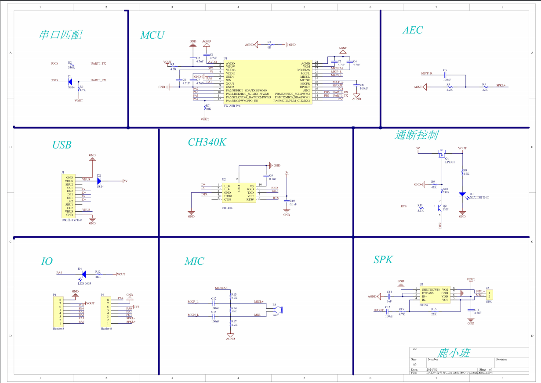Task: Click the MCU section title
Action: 152,36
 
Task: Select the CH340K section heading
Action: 207,142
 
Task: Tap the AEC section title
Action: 413,30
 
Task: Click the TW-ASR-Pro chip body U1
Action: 268,82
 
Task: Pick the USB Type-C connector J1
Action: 68,196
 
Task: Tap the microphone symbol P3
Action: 277,309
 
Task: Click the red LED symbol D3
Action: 462,194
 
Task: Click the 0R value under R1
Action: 269,47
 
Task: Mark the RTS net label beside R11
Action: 403,206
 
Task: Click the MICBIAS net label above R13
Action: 221,288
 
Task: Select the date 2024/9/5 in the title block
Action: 432,369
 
